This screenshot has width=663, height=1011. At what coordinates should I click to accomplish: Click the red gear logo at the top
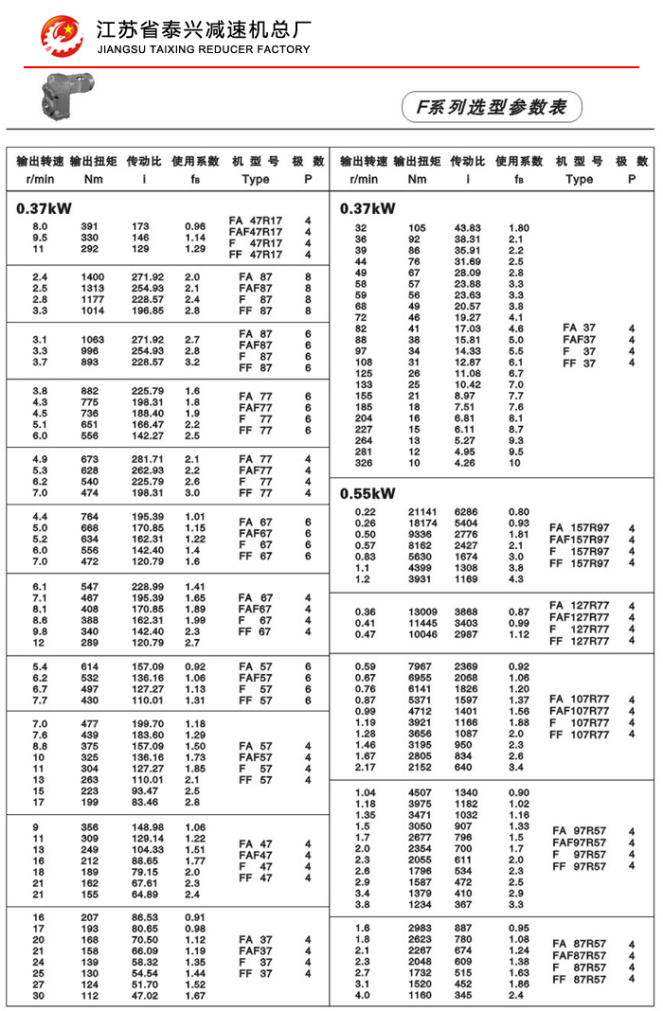point(62,36)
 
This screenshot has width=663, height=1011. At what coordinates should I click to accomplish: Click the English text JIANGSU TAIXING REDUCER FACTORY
point(203,49)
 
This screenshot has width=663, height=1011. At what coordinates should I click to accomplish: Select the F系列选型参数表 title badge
point(491,107)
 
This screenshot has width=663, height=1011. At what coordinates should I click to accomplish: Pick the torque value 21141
point(417,512)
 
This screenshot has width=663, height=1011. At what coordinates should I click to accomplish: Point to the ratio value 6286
point(466,512)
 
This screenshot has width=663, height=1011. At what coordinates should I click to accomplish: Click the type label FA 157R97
point(580,528)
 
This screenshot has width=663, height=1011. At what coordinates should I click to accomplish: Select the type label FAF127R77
point(580,617)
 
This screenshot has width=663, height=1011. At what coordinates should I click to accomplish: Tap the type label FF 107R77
point(580,735)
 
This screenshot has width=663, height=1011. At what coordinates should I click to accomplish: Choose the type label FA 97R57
point(580,831)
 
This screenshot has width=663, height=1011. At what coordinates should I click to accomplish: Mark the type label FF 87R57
point(580,979)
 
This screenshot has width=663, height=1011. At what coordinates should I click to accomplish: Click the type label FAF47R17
point(256,232)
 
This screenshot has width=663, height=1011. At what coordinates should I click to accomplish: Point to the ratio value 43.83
point(468,228)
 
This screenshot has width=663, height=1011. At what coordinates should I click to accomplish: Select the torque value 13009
point(417,612)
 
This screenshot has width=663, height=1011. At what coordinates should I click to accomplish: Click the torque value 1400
point(91,276)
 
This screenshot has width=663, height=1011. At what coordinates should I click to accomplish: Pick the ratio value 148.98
point(146,826)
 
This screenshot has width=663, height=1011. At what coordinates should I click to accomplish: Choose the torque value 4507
point(419,792)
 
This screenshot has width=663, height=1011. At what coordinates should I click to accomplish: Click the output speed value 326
point(363,463)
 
